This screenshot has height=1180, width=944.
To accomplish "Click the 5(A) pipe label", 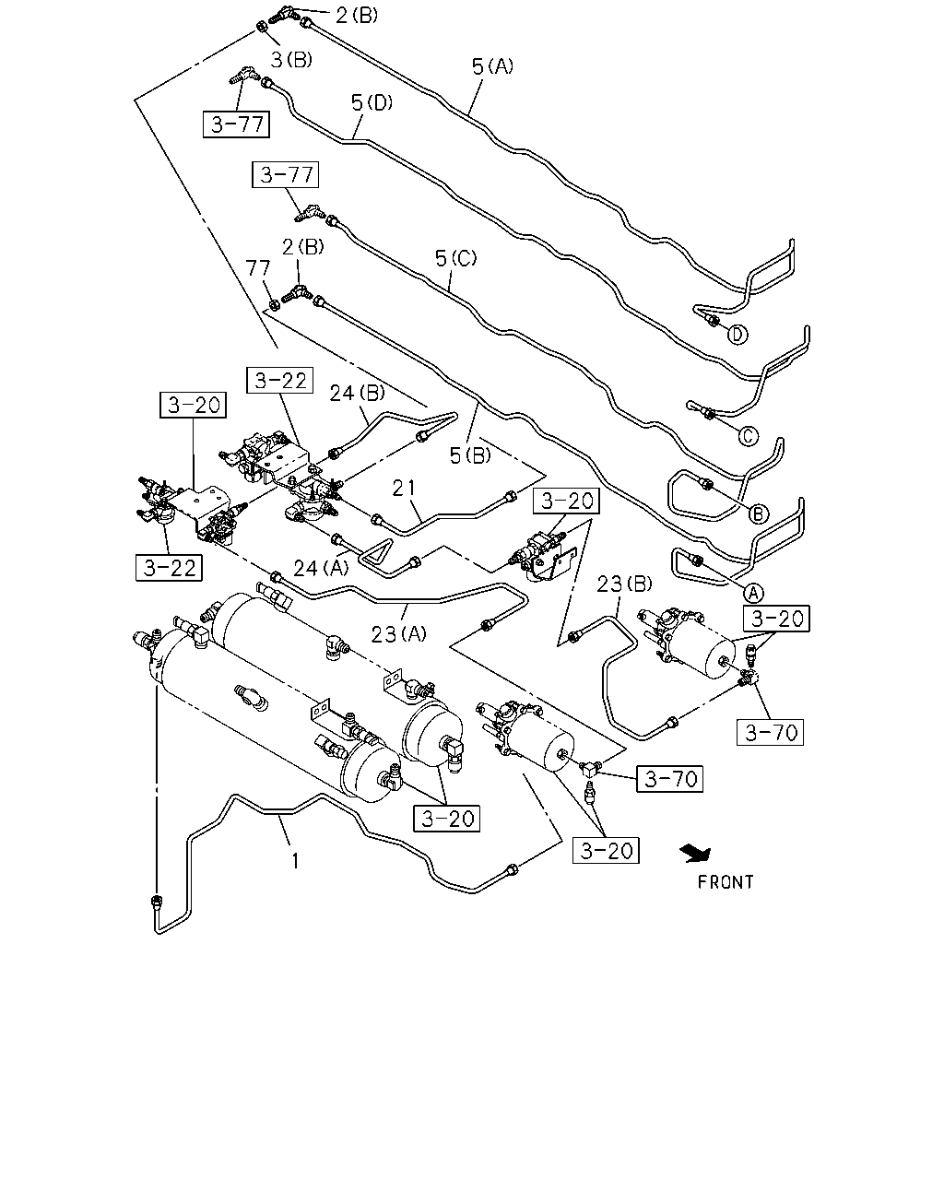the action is (x=492, y=67).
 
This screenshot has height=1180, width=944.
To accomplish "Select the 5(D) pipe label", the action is (x=372, y=102).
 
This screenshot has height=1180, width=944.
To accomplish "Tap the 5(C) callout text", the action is (x=455, y=258).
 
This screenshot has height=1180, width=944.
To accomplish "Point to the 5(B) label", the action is (x=470, y=455).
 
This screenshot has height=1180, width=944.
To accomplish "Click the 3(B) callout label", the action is (x=291, y=59).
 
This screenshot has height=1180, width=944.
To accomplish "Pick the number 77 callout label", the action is (x=258, y=268).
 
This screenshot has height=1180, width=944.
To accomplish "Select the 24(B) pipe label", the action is (x=357, y=393).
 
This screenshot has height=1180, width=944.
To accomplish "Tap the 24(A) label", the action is (x=321, y=568).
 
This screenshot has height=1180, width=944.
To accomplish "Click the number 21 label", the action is (x=404, y=488).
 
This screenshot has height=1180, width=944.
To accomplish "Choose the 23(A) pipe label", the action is (x=399, y=634).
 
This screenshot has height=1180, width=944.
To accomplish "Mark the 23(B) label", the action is (x=624, y=584).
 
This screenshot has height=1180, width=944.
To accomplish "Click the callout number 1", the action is (x=296, y=861).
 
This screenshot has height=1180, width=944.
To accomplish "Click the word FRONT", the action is (x=726, y=882).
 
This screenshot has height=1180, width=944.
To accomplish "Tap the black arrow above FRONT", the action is (x=695, y=854).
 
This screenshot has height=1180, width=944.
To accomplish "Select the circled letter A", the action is (x=753, y=593).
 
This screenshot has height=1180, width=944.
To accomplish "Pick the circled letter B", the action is (x=759, y=513).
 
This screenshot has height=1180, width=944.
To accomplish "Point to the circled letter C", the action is (x=749, y=436).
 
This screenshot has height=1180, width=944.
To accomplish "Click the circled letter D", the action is (x=737, y=334).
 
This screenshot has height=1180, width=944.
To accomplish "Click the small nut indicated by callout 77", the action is (x=275, y=304).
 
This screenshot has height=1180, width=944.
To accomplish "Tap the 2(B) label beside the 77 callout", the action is (x=302, y=247).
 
